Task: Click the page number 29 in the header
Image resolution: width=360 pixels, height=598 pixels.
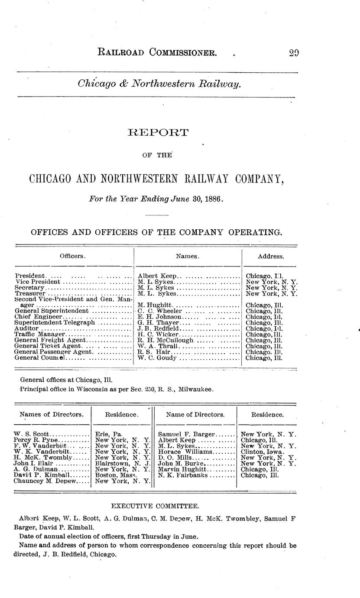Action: (x=294, y=53)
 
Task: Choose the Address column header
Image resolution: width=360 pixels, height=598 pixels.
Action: (x=271, y=256)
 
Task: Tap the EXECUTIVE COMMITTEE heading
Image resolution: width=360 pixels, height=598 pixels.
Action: (x=155, y=506)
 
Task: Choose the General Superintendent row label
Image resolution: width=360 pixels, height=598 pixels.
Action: (x=52, y=311)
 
